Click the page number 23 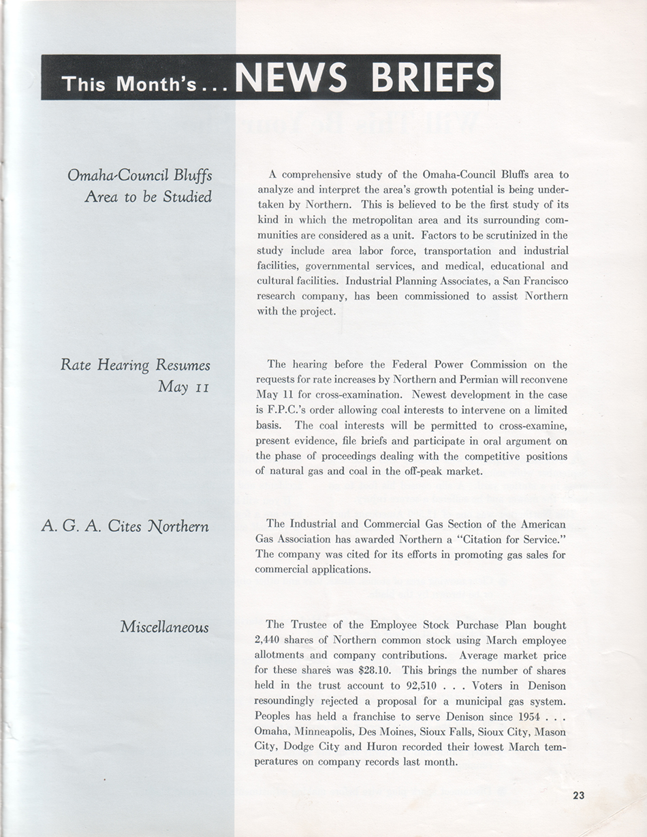pos(579,794)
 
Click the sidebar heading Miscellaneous pos(164,626)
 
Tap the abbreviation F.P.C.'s pos(277,410)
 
